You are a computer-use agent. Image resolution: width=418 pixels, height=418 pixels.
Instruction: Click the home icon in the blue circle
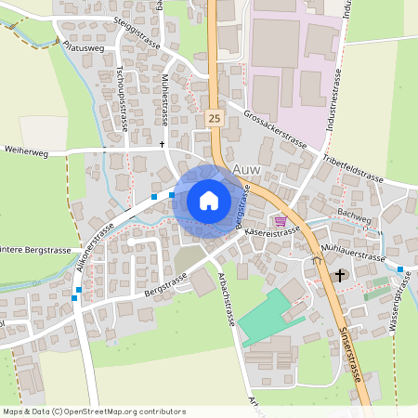point(209,201)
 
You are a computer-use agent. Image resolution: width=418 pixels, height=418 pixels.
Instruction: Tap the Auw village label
point(248,169)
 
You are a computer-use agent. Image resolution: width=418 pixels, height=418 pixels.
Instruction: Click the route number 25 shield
point(215,119)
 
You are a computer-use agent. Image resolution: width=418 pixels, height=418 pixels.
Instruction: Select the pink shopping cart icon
point(280,220)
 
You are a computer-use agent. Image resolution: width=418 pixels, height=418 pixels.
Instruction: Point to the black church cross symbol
point(340,275)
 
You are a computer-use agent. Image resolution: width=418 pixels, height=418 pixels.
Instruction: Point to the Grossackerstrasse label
point(276,129)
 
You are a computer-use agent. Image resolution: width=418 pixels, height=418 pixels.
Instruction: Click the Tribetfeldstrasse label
point(353,167)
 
